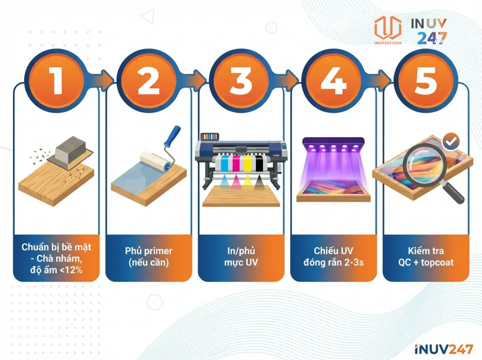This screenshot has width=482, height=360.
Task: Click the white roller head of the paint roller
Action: (x=156, y=160)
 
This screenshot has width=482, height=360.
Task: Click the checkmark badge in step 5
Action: (x=451, y=142)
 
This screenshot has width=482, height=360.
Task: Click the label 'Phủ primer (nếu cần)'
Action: (x=149, y=256)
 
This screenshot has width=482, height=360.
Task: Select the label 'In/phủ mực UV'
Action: (x=241, y=256)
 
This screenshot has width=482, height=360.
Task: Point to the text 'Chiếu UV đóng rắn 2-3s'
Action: (x=333, y=256)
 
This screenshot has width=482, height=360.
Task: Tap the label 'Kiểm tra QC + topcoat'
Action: (x=426, y=256)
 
